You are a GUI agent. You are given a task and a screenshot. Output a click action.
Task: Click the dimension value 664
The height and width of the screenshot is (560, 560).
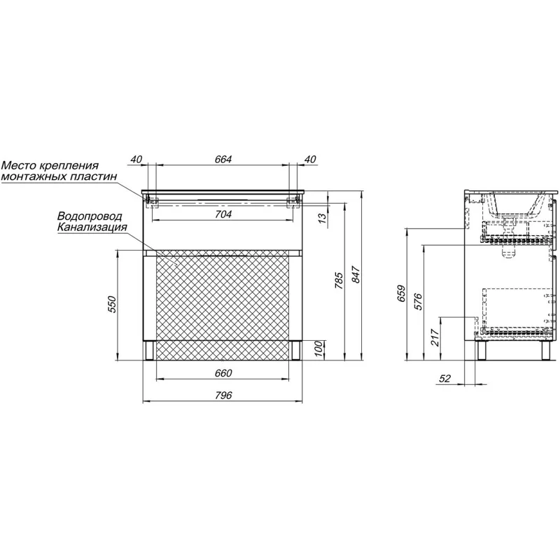(223, 160)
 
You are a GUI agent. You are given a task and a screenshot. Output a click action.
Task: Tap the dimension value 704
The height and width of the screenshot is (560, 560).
(223, 214)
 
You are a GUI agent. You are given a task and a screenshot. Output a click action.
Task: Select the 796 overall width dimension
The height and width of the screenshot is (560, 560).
(223, 395)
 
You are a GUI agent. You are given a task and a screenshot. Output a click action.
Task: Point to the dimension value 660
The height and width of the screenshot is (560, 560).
(223, 373)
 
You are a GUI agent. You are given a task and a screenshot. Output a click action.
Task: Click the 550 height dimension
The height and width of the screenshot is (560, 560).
(112, 304)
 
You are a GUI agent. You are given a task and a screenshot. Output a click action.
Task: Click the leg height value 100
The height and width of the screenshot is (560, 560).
(318, 349)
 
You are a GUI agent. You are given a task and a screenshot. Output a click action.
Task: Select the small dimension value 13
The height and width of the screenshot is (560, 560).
(321, 217)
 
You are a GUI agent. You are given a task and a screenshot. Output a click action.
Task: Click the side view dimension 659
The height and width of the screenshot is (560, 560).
(402, 293)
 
